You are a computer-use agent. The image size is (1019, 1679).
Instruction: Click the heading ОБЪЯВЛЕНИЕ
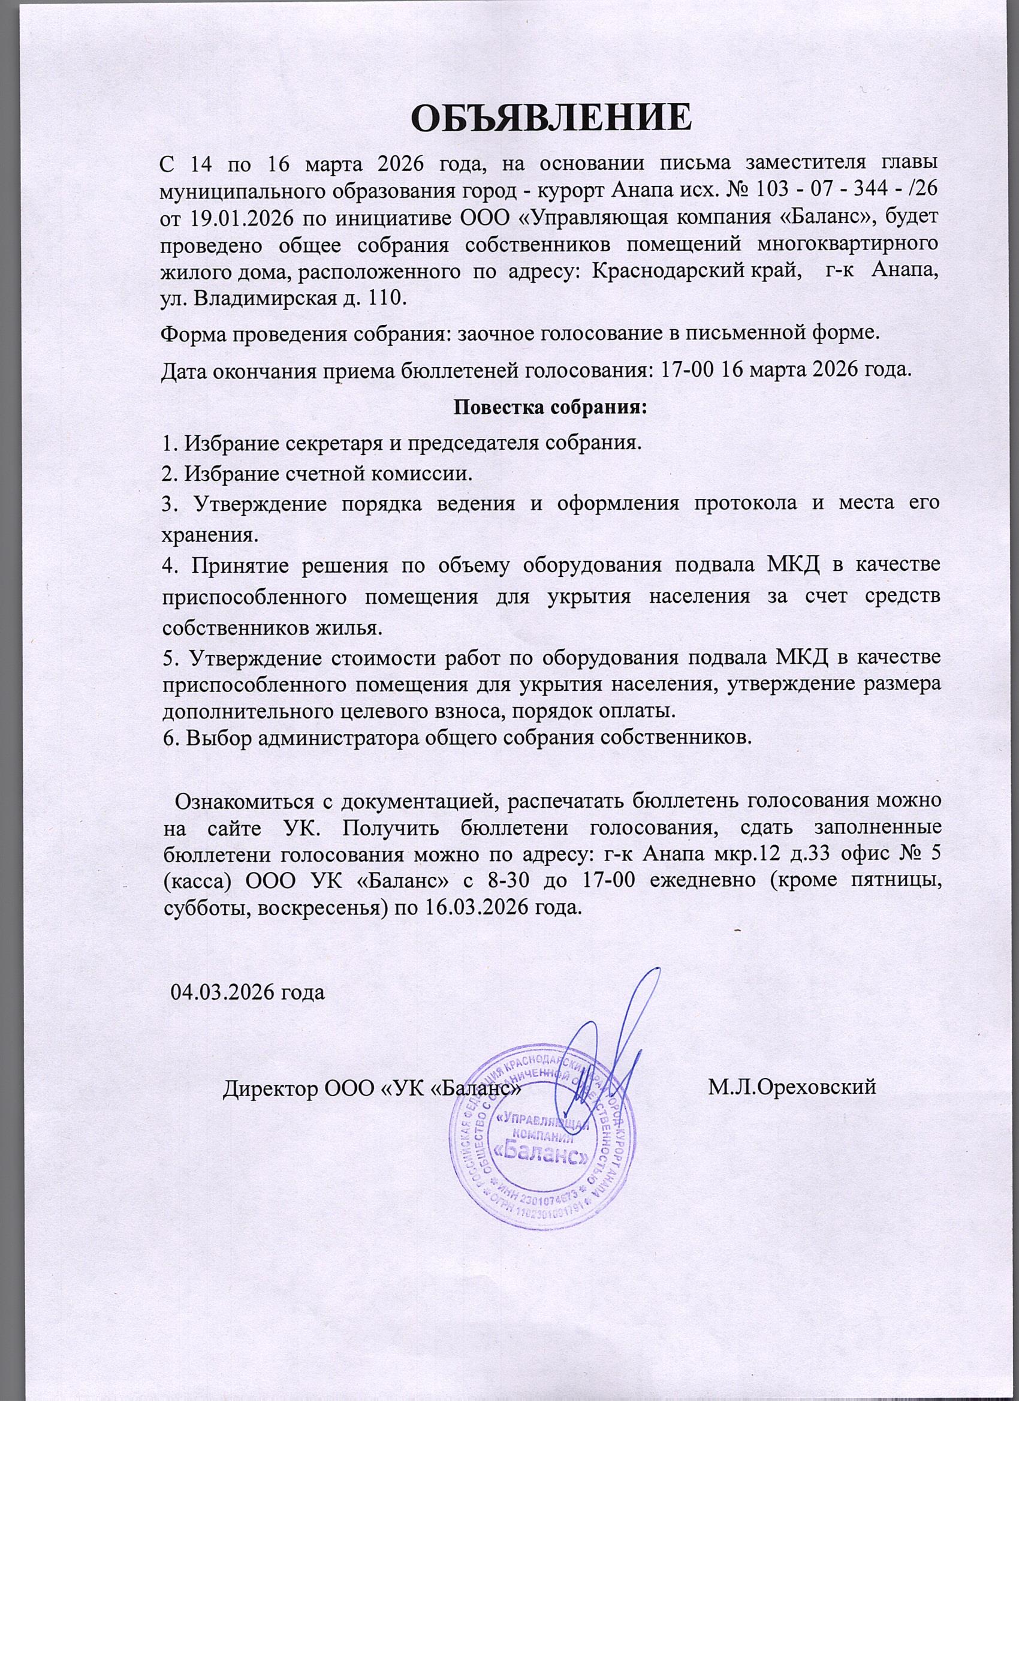(x=551, y=117)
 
